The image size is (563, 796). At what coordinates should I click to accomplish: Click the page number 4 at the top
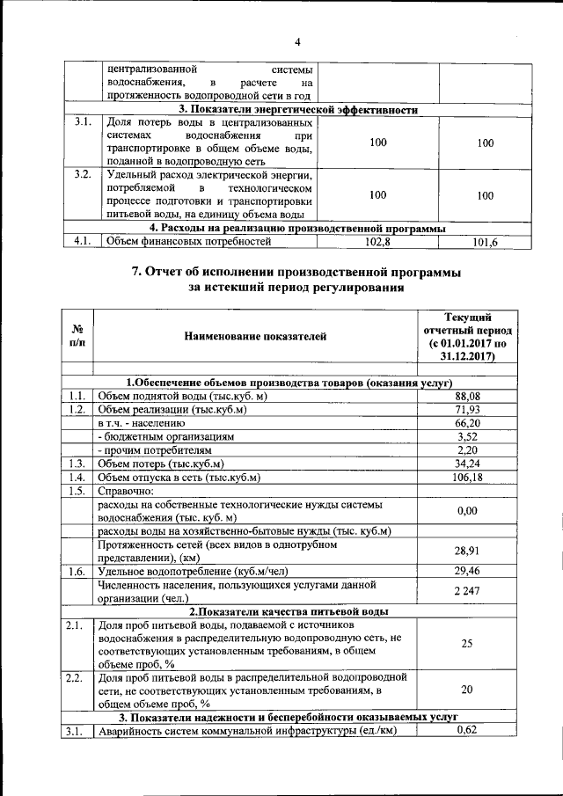[x=297, y=40]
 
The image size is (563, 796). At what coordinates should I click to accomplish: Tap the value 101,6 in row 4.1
[x=485, y=242]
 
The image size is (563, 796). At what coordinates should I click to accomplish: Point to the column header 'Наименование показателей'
[x=254, y=335]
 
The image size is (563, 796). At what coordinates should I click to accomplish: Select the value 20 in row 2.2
[x=466, y=690]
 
